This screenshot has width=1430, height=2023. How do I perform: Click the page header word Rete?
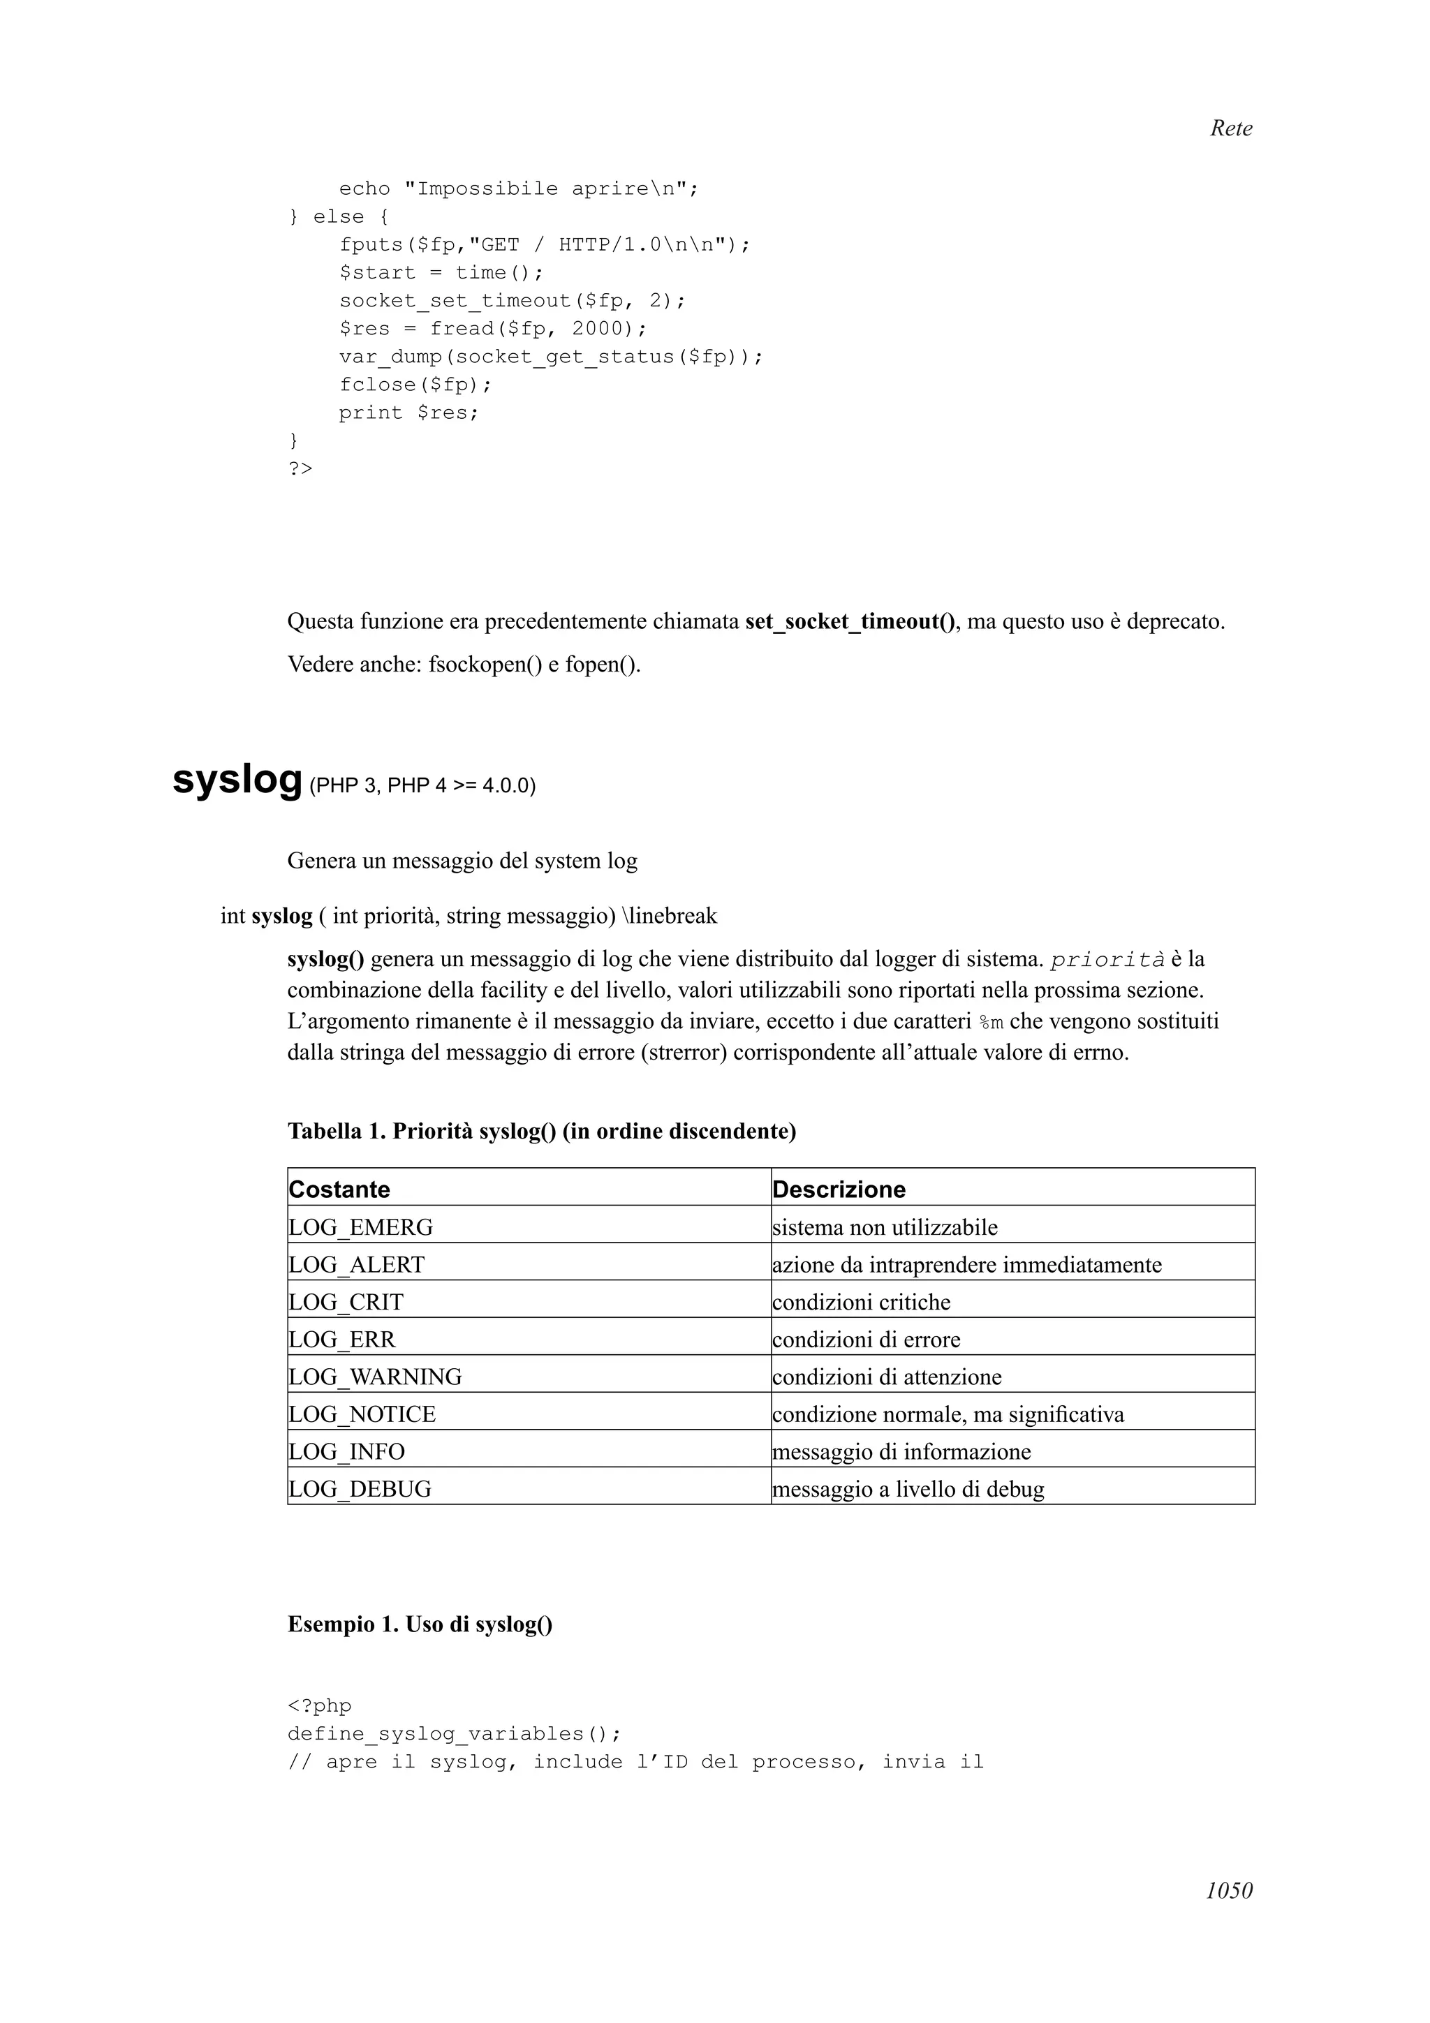click(x=1230, y=128)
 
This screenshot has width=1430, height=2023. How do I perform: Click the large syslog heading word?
click(x=237, y=779)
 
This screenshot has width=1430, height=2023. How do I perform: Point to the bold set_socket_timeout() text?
click(x=851, y=622)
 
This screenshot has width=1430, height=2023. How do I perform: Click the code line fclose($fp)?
click(x=415, y=385)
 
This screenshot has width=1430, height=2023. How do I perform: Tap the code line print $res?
click(x=409, y=413)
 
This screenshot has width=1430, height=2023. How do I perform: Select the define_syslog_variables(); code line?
click(x=454, y=1734)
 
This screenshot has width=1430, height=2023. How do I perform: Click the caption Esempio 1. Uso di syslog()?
click(x=420, y=1624)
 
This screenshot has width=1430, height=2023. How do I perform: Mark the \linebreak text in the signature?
click(x=669, y=917)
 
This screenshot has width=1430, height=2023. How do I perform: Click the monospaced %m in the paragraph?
click(x=992, y=1023)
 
